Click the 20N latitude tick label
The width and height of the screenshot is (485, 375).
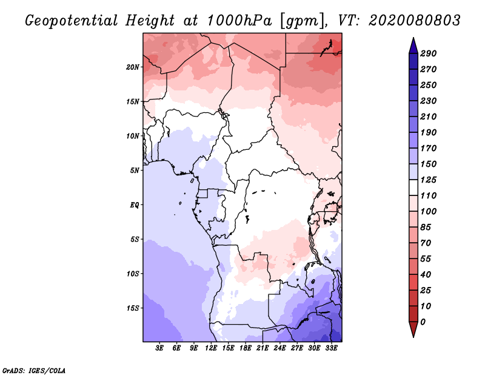coord(133,67)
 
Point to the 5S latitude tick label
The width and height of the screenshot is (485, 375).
coord(135,239)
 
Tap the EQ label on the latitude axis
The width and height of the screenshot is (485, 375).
coord(135,205)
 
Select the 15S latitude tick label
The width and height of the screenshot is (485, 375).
coord(133,308)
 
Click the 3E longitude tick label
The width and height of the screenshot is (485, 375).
coord(159,348)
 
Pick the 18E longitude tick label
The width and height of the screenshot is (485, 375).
coord(246,348)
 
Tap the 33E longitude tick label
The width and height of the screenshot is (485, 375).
coord(331,348)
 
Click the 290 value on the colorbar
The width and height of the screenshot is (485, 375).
coord(428,53)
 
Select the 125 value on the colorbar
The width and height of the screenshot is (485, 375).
coord(428,180)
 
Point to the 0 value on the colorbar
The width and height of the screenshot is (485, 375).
coord(423,322)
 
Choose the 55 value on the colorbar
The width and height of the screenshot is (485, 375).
coord(426,258)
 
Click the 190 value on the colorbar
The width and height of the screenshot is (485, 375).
coord(428,132)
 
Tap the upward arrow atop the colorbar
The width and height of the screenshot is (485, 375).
coord(412,45)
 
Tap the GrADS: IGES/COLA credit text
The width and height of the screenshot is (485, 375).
coord(34,369)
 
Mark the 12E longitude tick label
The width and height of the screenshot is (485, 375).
coord(211,348)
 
